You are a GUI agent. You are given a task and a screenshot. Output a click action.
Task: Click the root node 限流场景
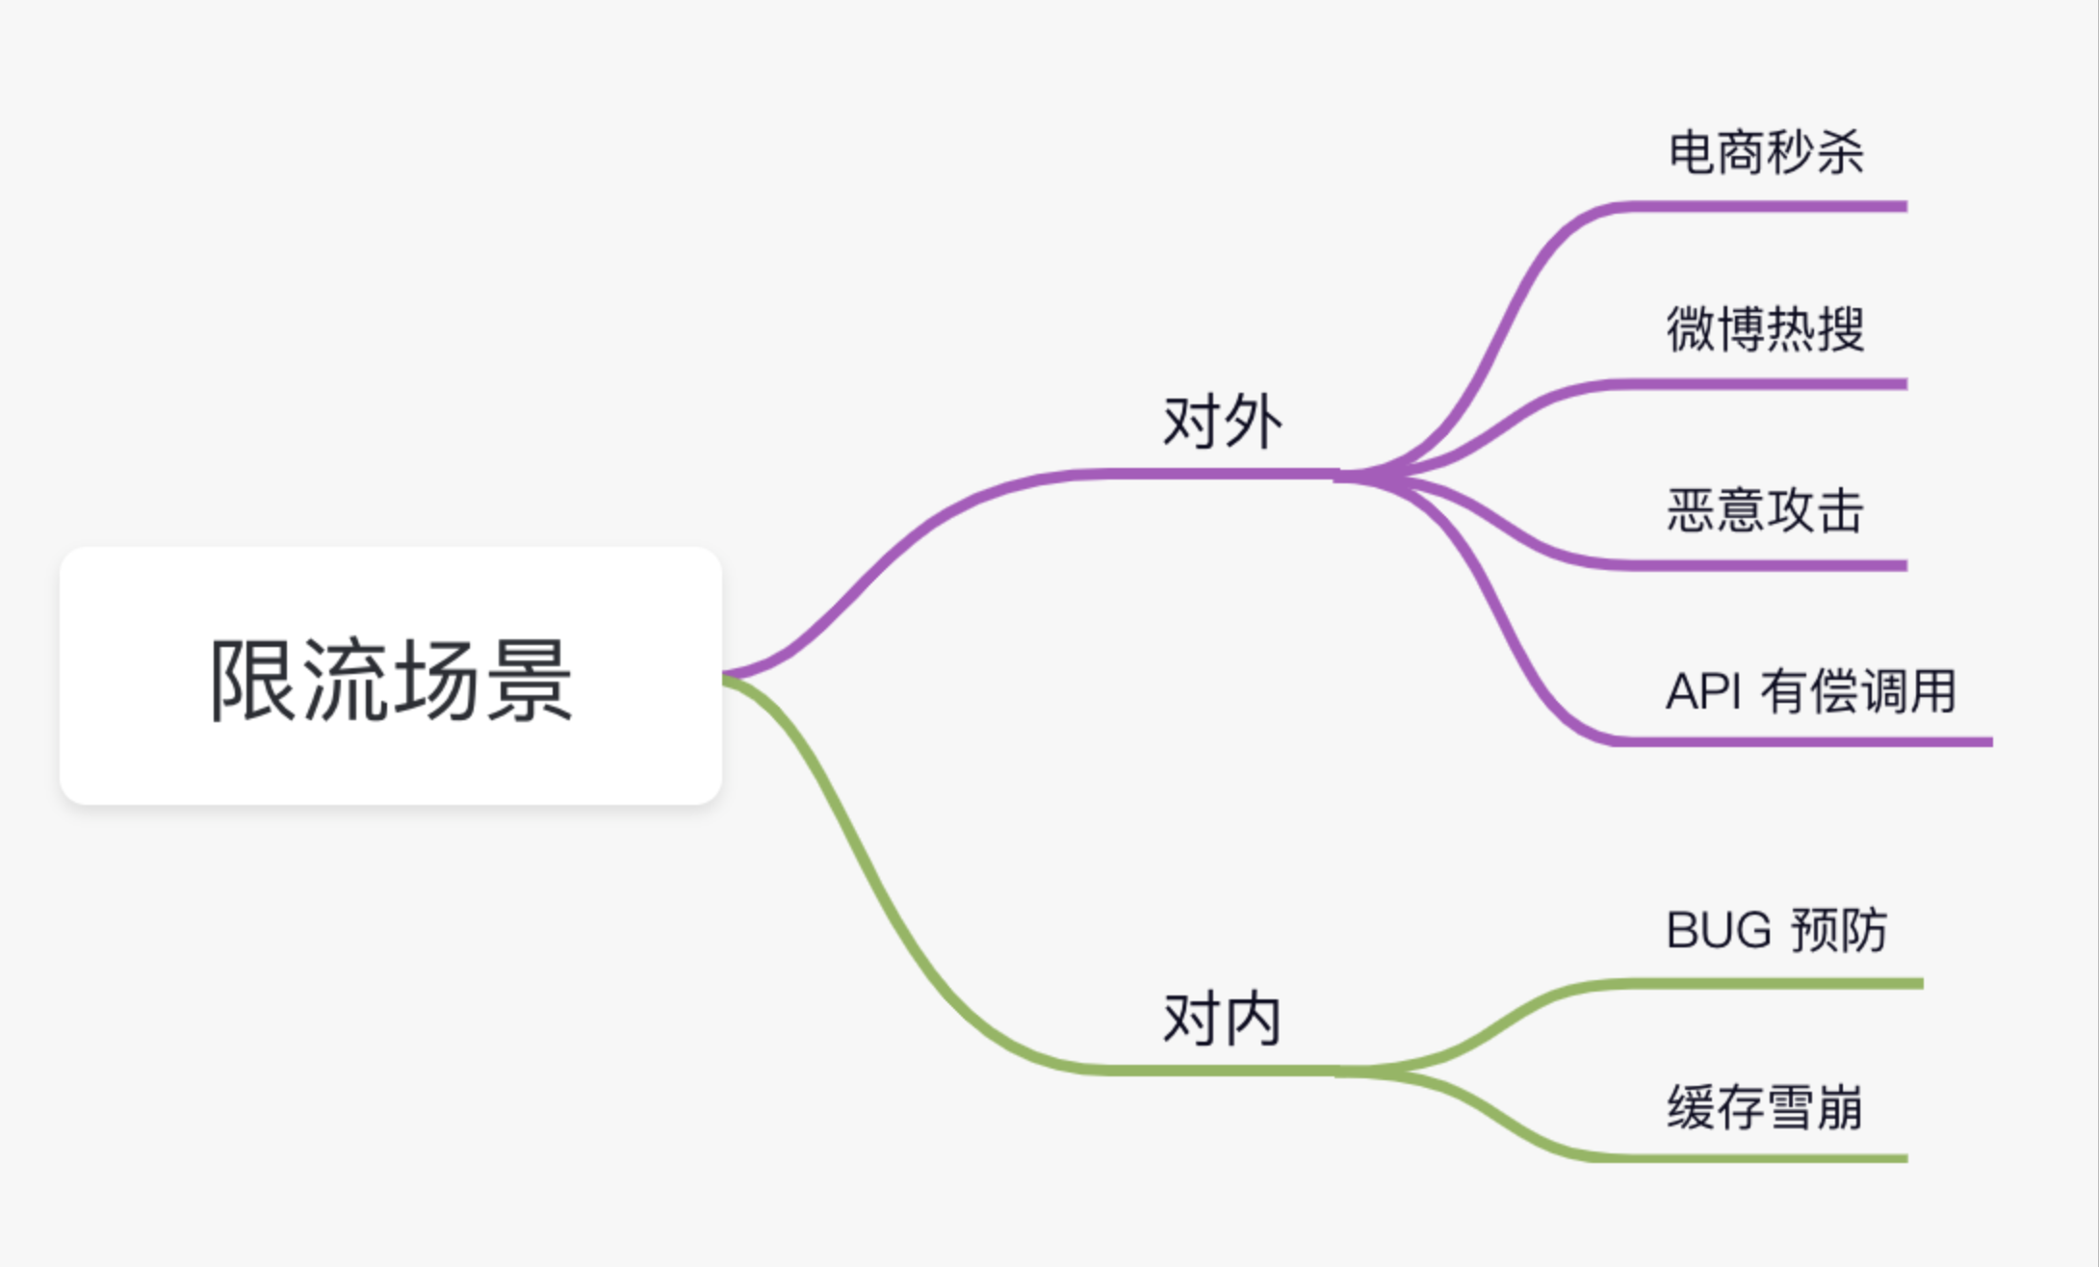[x=390, y=677]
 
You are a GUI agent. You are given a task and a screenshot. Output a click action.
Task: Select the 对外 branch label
[x=1222, y=422]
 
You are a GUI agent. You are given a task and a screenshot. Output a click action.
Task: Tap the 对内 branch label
[x=1222, y=1019]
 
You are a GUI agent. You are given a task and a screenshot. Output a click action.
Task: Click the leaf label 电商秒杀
[x=1766, y=152]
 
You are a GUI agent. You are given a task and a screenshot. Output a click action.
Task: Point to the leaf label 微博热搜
[x=1766, y=329]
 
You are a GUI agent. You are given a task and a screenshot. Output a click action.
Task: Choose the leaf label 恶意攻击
[x=1766, y=509]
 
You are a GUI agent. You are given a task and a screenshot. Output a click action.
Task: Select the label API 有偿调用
[x=1810, y=690]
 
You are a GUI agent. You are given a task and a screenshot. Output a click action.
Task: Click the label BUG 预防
[x=1776, y=930]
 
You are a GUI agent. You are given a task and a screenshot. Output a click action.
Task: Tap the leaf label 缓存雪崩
[x=1766, y=1107]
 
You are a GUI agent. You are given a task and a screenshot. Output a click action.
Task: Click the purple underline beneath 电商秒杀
[x=1762, y=206]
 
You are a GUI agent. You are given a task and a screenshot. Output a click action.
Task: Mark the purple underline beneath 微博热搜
[x=1762, y=384]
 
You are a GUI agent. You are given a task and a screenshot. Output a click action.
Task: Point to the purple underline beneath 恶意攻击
[x=1762, y=565]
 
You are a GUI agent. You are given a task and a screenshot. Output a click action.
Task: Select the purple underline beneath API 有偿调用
[x=1801, y=741]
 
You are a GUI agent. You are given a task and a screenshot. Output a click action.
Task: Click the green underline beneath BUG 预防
[x=1772, y=983]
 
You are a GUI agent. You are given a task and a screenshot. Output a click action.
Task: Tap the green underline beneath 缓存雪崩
[x=1762, y=1158]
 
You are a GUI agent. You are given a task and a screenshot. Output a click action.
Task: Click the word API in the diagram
[x=1703, y=691]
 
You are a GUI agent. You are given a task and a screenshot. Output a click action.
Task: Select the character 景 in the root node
[x=529, y=680]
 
